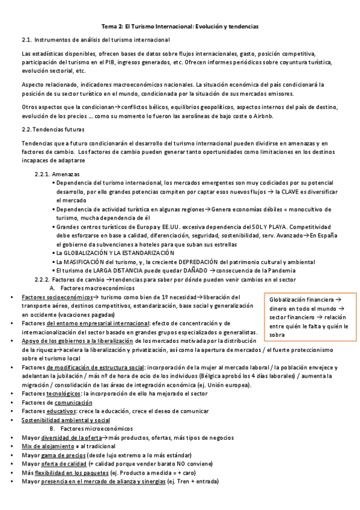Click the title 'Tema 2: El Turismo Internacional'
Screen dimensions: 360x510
(x=180, y=26)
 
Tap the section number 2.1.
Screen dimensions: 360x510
(x=26, y=40)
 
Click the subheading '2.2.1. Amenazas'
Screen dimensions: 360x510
(x=58, y=174)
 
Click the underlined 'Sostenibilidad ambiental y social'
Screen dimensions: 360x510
(x=66, y=419)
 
